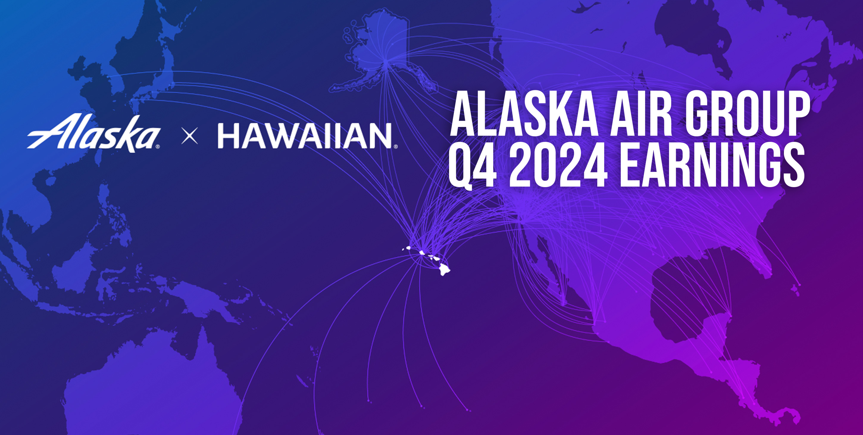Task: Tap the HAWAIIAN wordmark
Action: click(304, 136)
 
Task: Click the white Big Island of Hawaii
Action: click(444, 269)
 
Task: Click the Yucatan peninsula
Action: click(720, 322)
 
